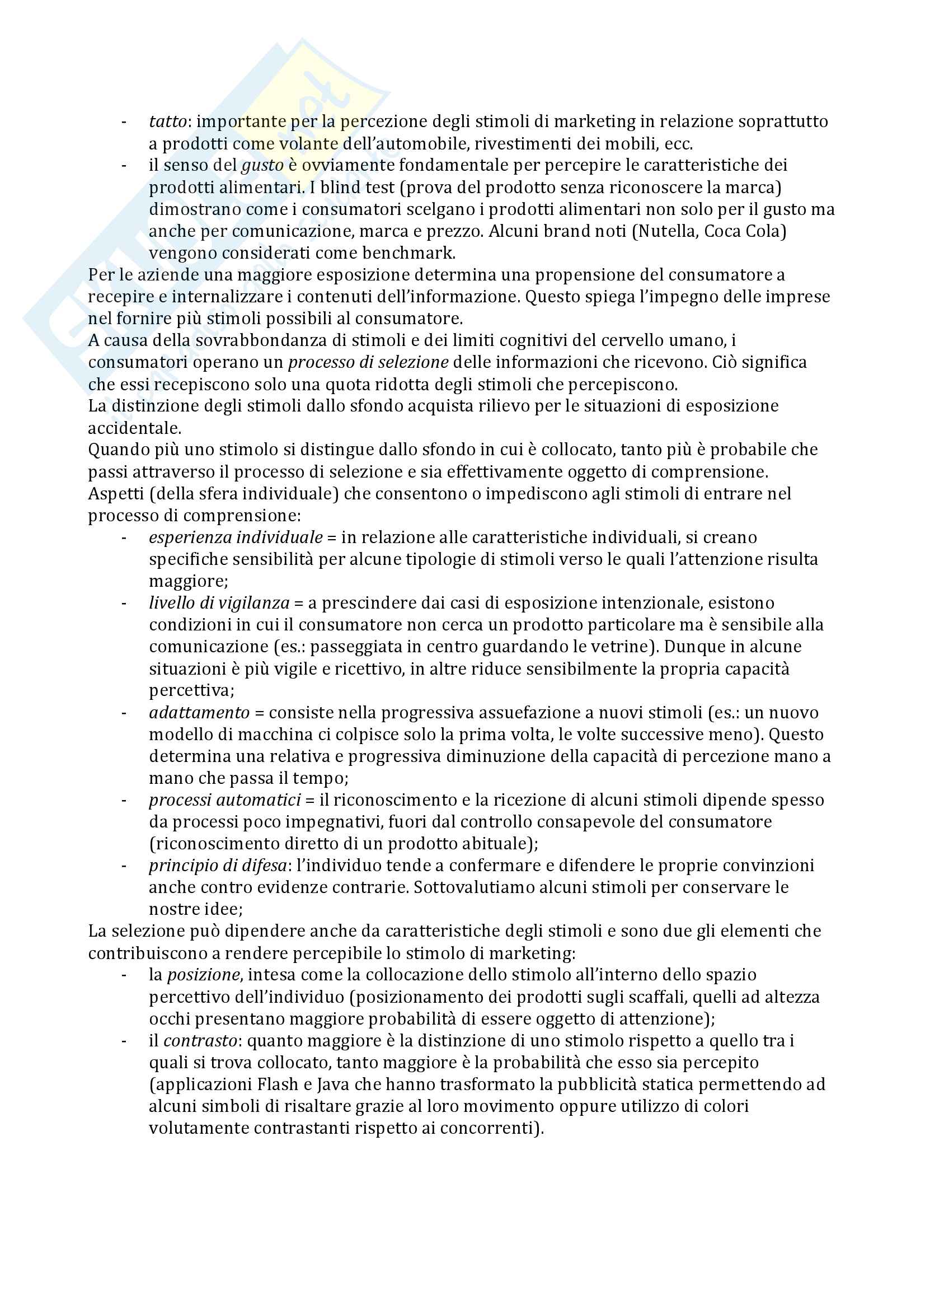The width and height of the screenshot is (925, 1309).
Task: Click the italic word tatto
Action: (x=168, y=121)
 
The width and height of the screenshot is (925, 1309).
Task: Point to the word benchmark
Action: (x=408, y=253)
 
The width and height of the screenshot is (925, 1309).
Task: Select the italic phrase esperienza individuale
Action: (x=236, y=537)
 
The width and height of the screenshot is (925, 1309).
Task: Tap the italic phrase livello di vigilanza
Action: (x=219, y=602)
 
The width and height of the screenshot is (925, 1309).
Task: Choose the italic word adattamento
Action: (x=199, y=713)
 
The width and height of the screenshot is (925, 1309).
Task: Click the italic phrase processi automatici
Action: (x=224, y=800)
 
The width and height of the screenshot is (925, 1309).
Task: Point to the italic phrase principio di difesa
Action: (x=218, y=866)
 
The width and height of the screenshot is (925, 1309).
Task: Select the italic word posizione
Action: (x=204, y=975)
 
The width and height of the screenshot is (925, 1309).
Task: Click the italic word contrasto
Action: (x=200, y=1040)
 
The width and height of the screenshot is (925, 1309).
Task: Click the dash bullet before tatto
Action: (x=124, y=121)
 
